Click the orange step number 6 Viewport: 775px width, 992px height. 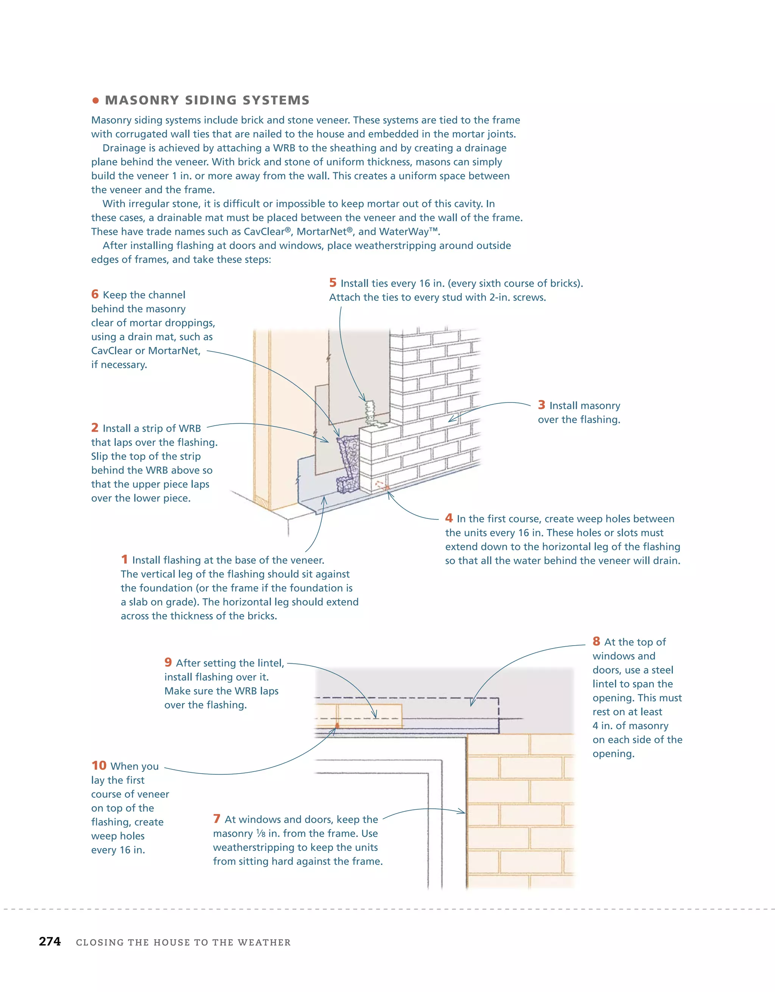[x=95, y=294]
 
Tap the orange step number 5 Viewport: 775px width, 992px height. [x=333, y=282]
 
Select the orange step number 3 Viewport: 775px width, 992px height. [x=541, y=405]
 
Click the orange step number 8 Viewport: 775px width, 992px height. [x=596, y=641]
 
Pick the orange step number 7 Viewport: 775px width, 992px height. [x=216, y=819]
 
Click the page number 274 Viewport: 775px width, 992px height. [x=50, y=941]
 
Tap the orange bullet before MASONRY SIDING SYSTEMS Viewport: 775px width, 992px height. [x=95, y=100]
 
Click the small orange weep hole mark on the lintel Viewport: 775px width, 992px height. [x=337, y=725]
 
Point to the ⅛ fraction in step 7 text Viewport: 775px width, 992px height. [x=261, y=833]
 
